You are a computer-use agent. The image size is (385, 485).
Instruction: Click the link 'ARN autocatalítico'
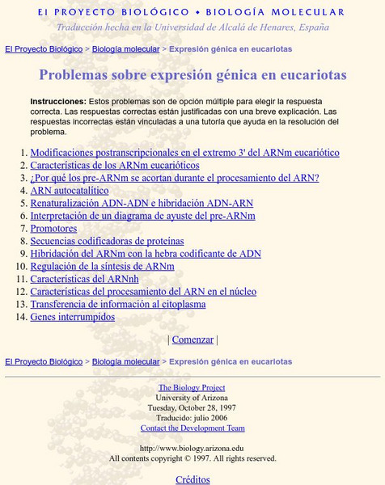point(69,191)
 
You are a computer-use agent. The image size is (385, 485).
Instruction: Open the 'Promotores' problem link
point(53,229)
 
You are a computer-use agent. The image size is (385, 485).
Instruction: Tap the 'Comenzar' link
point(192,340)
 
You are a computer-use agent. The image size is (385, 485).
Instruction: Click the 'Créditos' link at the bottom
point(192,479)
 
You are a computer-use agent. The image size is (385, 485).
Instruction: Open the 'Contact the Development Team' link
point(192,428)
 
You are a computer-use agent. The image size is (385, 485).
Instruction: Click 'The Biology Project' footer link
point(192,387)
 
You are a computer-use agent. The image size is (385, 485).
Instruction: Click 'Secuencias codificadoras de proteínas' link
point(107,241)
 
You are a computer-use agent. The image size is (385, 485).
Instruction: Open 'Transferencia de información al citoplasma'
point(118,305)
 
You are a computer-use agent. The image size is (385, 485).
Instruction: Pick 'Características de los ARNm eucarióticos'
point(114,165)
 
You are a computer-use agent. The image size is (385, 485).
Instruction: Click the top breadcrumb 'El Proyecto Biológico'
point(44,49)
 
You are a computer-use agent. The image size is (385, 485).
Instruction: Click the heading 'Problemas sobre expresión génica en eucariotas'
point(192,76)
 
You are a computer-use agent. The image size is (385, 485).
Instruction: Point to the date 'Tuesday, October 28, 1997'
point(192,408)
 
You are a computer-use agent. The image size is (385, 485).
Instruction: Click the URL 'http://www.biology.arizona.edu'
point(192,448)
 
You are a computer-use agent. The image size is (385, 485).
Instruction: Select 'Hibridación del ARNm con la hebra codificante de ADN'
point(146,254)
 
